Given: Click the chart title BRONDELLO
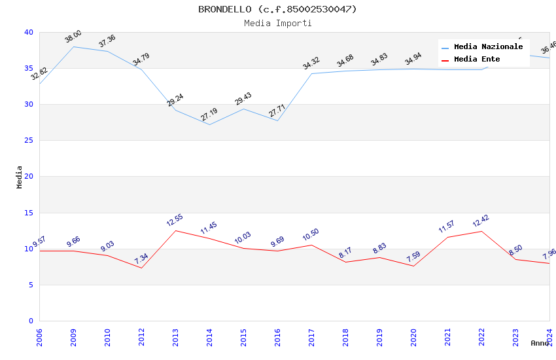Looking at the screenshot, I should click(x=277, y=9).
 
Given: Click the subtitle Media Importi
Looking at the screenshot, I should click(x=277, y=23).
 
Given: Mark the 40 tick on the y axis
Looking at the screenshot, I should click(x=29, y=32).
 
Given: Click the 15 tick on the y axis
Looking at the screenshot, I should click(x=29, y=213).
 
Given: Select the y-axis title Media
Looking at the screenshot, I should click(x=20, y=177).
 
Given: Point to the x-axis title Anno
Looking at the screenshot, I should click(x=540, y=343).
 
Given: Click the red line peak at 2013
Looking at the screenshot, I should click(x=175, y=230).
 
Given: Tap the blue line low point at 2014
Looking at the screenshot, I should click(x=209, y=124).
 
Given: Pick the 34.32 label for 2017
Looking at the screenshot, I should click(x=311, y=63).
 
